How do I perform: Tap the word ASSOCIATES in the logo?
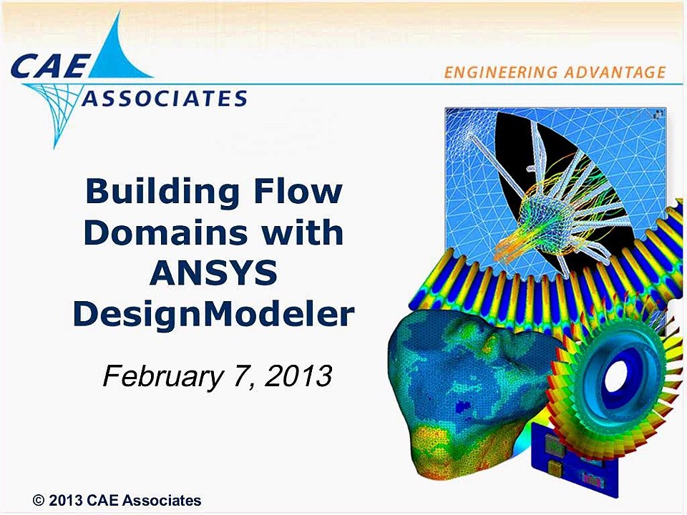pyautogui.click(x=165, y=98)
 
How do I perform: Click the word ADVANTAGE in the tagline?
pyautogui.click(x=615, y=72)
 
